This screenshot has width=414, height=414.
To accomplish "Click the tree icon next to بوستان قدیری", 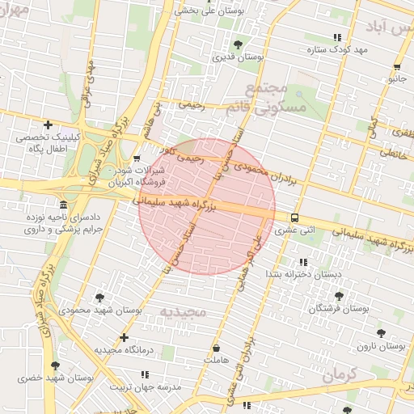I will (237, 44).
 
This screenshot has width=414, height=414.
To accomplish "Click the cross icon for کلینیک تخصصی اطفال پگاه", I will (49, 125).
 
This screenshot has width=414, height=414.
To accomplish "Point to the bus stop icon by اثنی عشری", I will (294, 218).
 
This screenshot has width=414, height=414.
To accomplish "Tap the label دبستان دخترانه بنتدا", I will (303, 275).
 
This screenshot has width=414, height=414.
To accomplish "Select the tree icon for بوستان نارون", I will (381, 333).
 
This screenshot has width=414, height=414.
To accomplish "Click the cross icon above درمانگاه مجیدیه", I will (124, 337).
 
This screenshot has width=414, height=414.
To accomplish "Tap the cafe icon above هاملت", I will (218, 345).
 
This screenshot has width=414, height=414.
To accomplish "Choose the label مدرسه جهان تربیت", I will (144, 387).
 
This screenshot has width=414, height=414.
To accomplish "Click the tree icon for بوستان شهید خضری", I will (55, 365).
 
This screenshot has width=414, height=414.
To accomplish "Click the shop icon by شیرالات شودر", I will (137, 158).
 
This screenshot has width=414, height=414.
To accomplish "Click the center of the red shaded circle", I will (207, 207).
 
